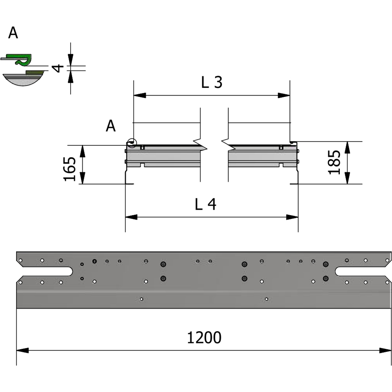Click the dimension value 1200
pyautogui.click(x=204, y=338)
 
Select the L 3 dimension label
pyautogui.click(x=212, y=82)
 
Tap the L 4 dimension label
pyautogui.click(x=206, y=204)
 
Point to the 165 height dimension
pyautogui.click(x=70, y=169)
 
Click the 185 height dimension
pyautogui.click(x=334, y=162)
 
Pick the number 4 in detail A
pyautogui.click(x=58, y=68)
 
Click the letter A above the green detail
pyautogui.click(x=13, y=34)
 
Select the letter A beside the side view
pyautogui.click(x=111, y=126)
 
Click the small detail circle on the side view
pyautogui.click(x=132, y=143)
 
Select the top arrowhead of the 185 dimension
pyautogui.click(x=347, y=147)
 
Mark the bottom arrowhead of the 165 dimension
pyautogui.click(x=83, y=178)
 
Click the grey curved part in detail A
pyautogui.click(x=23, y=80)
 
